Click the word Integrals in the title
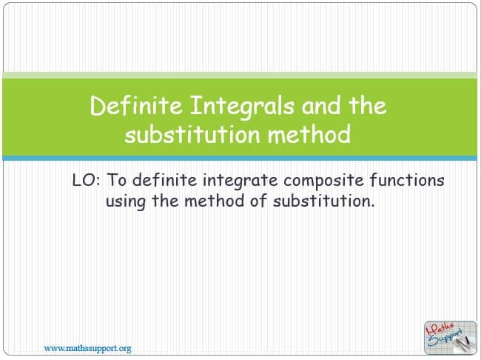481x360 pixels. (242, 106)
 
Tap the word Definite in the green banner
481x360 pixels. (136, 105)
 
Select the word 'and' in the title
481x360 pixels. (321, 105)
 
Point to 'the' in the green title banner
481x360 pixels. (368, 104)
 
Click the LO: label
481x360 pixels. (86, 180)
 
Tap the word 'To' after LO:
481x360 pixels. (117, 180)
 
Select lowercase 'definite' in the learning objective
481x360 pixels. (165, 180)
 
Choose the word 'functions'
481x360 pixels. (407, 180)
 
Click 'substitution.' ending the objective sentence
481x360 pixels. (324, 201)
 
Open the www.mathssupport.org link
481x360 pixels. (87, 349)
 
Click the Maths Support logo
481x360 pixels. (451, 338)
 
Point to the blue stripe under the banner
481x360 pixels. (240, 159)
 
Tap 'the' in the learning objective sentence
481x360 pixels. (165, 201)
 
